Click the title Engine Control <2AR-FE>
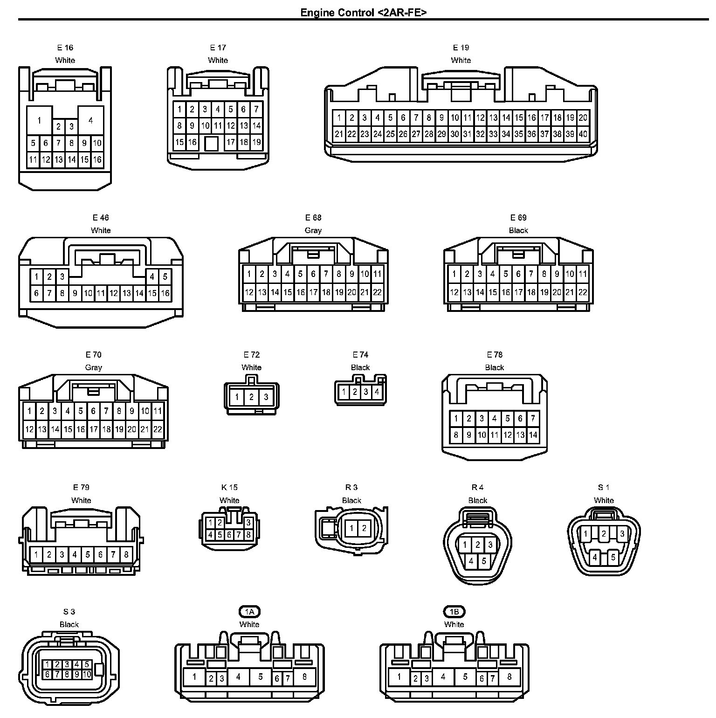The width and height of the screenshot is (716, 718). (363, 12)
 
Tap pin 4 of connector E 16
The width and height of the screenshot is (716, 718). (90, 120)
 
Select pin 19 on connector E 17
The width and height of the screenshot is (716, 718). (256, 142)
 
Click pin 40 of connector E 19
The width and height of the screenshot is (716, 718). (583, 134)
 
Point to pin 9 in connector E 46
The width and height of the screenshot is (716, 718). (75, 293)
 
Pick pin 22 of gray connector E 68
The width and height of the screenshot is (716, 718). (377, 292)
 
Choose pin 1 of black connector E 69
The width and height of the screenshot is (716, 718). (454, 274)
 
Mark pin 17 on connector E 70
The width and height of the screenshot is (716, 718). (93, 429)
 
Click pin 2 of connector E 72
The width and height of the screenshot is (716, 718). (251, 397)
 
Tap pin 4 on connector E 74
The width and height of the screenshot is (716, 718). (377, 392)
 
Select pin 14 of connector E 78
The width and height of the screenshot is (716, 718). (533, 435)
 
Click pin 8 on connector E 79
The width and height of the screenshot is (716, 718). (126, 555)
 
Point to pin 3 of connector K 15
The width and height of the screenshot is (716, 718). (248, 523)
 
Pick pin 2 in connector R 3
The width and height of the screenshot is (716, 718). (364, 528)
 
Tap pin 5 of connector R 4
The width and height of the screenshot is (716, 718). (484, 561)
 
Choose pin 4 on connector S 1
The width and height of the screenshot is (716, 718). (595, 557)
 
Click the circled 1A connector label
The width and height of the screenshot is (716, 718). (249, 612)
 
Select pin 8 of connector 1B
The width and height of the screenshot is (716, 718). (509, 677)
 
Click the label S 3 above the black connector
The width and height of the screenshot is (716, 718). (69, 612)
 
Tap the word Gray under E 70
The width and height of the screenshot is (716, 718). (93, 367)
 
